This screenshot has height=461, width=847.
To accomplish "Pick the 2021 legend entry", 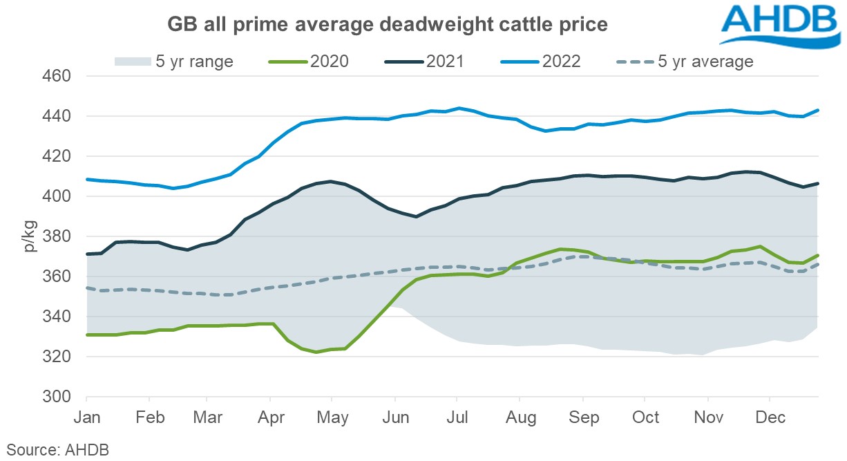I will (423, 62).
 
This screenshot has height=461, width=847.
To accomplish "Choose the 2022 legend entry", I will (540, 62).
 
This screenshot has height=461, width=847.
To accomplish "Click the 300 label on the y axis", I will (59, 397).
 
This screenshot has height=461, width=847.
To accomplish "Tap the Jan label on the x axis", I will (86, 419).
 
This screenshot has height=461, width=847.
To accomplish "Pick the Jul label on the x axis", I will (456, 419).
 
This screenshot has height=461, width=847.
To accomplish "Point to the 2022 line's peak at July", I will (458, 108).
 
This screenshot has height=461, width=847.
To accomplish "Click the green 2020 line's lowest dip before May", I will (316, 352).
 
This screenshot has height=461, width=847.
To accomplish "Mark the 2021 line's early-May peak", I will (330, 182).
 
